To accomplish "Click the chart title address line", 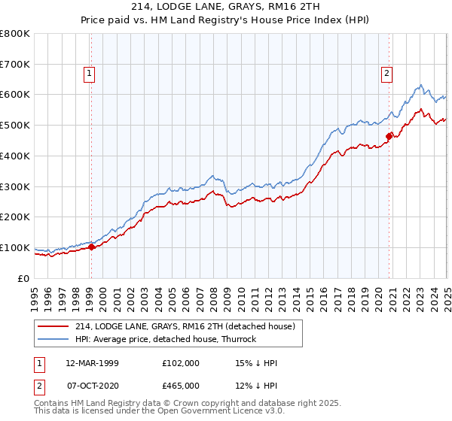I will click(226, 7).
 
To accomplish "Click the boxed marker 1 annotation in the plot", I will click(90, 74).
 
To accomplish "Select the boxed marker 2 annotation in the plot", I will click(386, 74).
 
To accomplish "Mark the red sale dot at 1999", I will click(91, 247).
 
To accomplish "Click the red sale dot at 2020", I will click(389, 136).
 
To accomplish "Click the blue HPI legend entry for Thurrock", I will click(166, 339).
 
